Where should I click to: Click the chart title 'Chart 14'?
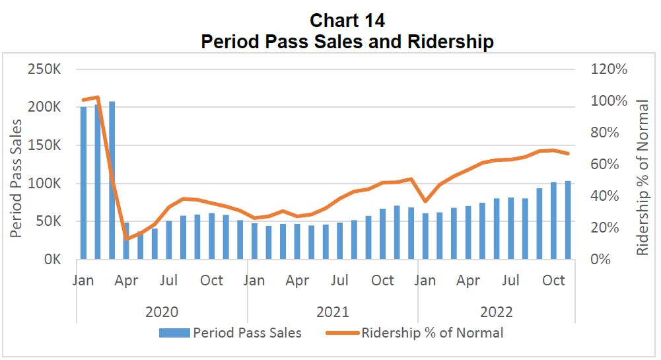pyautogui.click(x=347, y=20)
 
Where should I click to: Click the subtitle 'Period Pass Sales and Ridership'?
pyautogui.click(x=347, y=42)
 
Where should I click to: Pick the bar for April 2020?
pyautogui.click(x=126, y=241)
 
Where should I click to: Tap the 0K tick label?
pyautogui.click(x=52, y=260)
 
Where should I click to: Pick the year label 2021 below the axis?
pyautogui.click(x=333, y=312)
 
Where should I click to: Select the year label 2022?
pyautogui.click(x=497, y=312)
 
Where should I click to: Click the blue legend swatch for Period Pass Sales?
pyautogui.click(x=174, y=333)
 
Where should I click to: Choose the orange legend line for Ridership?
pyautogui.click(x=343, y=333)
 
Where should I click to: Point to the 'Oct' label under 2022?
pyautogui.click(x=553, y=280)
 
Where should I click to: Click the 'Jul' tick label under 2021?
pyautogui.click(x=340, y=280)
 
